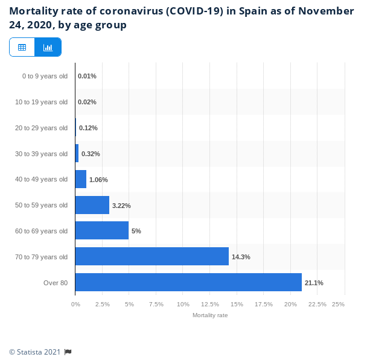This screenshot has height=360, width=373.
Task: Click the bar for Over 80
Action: coord(188,282)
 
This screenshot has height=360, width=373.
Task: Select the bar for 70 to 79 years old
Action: coord(152,256)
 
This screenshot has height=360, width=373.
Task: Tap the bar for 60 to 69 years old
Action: coord(102,230)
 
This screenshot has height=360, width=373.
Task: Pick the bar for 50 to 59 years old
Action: coord(92,205)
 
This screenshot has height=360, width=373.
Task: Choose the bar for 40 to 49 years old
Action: coord(81,179)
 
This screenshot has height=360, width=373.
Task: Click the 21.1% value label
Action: coord(314,283)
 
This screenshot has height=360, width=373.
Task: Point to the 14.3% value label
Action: coord(241,257)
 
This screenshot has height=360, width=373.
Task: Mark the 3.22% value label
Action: coord(121,206)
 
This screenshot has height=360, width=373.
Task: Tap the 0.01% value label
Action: coord(87,76)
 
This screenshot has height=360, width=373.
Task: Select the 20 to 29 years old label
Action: coord(41,128)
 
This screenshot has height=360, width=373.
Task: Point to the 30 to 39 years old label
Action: coord(41,154)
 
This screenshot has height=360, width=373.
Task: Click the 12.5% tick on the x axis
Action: coord(210,305)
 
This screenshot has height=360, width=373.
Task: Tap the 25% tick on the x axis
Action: coord(338,305)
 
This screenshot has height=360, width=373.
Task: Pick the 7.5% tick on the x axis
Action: coord(156,305)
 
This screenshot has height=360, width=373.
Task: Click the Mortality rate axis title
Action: coord(210,315)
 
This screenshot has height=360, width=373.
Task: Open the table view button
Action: coord(22,47)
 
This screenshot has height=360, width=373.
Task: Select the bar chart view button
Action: coord(48,47)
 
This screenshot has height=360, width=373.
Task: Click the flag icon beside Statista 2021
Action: coord(68,352)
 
